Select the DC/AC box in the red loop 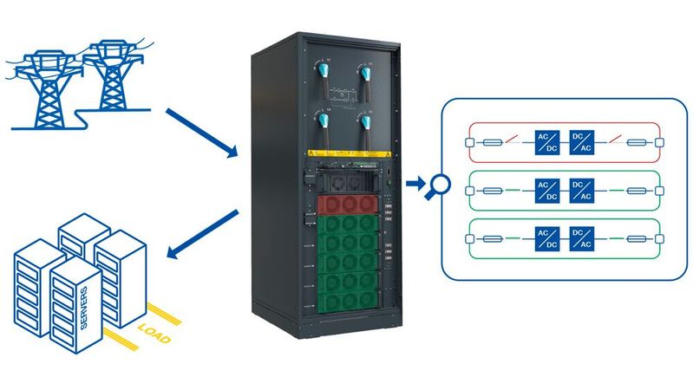[580, 141]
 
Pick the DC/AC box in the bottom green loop [580, 238]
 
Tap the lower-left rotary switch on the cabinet [324, 123]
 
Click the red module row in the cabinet [348, 205]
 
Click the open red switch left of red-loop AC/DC [514, 140]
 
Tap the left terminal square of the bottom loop [470, 238]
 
